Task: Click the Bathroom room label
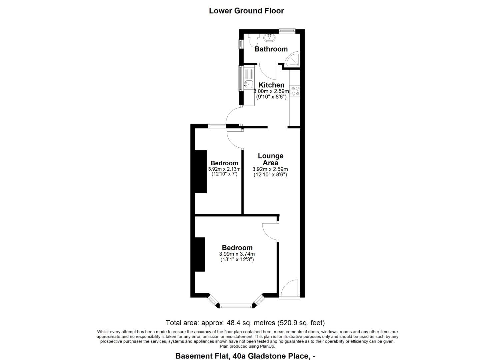coord(271,49)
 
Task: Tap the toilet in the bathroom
coord(253,41)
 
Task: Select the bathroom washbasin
coord(269,37)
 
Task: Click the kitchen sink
coord(248,84)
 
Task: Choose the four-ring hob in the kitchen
coord(295,91)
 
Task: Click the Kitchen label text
coord(271,85)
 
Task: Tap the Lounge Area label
coord(271,159)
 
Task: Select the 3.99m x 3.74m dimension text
coord(237,254)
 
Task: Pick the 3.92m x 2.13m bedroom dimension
coord(224,169)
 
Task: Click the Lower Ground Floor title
coord(246,11)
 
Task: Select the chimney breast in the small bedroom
coord(201,172)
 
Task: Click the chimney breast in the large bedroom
coord(200,254)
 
